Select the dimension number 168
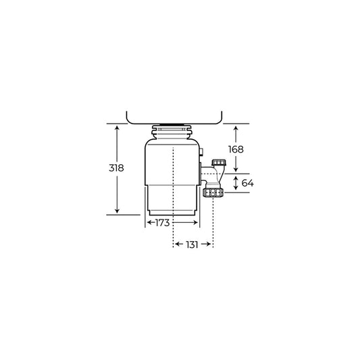coord(236,149)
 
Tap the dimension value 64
coord(247,183)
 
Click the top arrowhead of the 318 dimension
coord(118,127)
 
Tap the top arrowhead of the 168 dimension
coord(236,128)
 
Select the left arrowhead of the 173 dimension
coord(147,222)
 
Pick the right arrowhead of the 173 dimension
coord(198,222)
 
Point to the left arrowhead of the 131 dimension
coord(176,245)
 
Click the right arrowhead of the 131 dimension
coord(211,245)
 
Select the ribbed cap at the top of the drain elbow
coord(218,163)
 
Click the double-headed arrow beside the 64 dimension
coord(236,183)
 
